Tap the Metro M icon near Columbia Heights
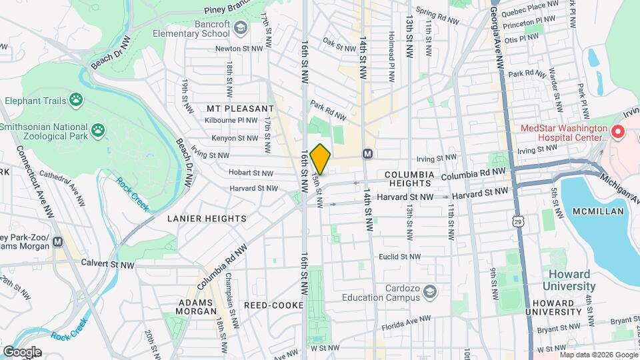(367, 154)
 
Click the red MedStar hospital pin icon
(618, 131)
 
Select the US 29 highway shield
(518, 220)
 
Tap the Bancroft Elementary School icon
(241, 27)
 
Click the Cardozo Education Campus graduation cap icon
(431, 291)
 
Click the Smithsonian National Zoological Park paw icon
(99, 129)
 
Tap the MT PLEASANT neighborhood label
(240, 108)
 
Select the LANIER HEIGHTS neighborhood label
(207, 218)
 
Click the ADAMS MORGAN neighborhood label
(197, 306)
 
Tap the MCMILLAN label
(599, 211)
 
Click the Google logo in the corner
(21, 351)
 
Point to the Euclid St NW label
(400, 256)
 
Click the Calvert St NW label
(108, 262)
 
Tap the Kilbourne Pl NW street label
(231, 121)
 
